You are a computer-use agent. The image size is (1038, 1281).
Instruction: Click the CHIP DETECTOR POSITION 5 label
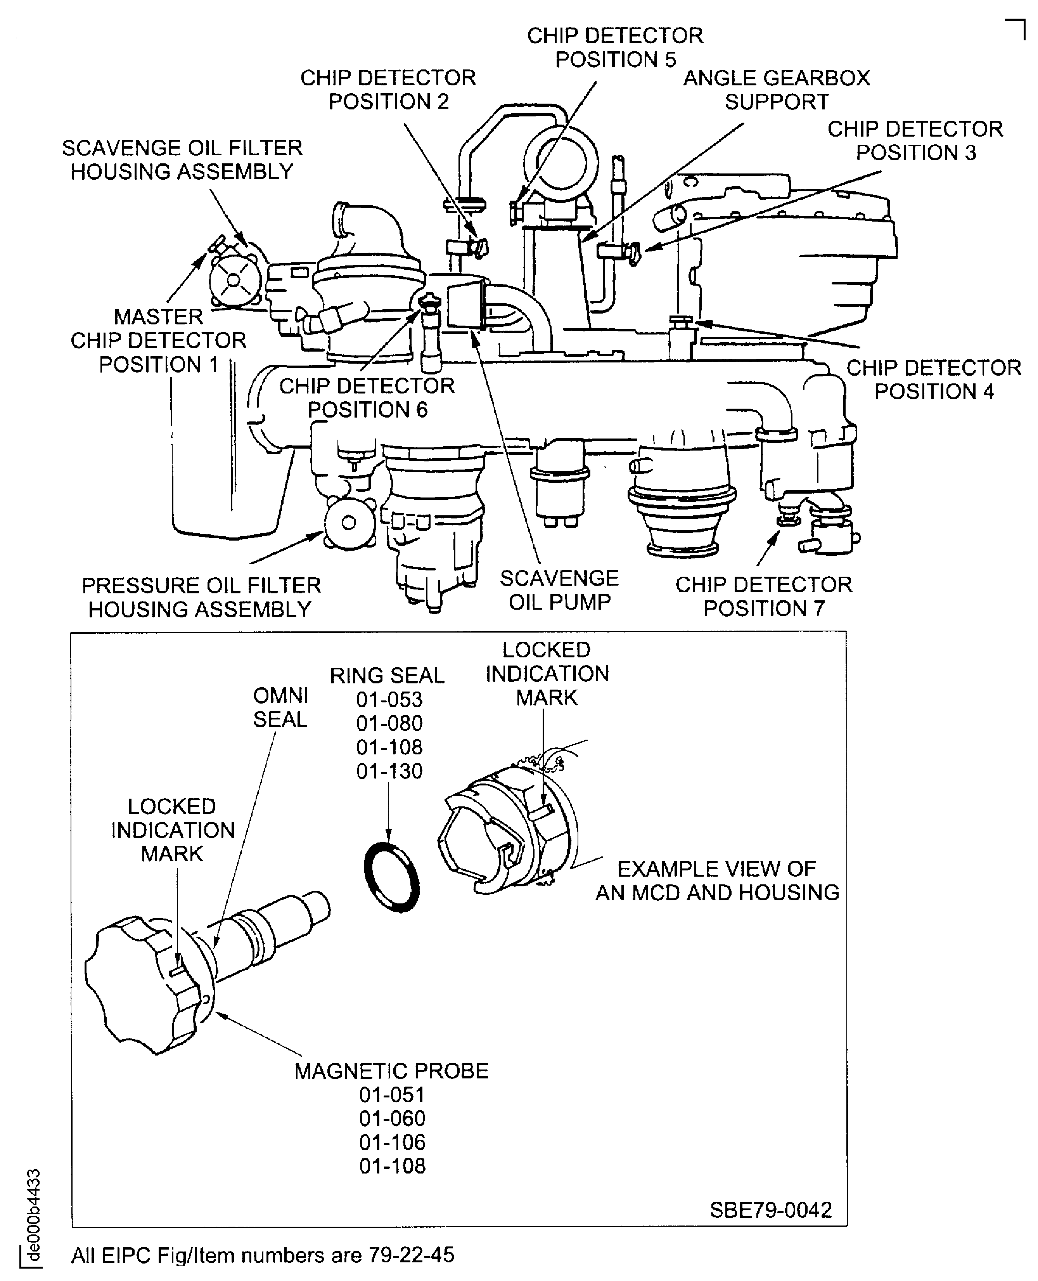615,48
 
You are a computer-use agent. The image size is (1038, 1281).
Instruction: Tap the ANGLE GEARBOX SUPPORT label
776,90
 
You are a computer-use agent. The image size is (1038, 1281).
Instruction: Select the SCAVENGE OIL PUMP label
559,590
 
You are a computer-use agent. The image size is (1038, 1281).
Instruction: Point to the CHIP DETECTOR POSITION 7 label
763,596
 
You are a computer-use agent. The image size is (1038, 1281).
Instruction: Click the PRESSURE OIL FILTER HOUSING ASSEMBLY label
201,597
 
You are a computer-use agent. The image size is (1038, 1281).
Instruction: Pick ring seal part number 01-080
389,723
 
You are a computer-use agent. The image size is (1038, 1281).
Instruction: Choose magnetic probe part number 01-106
392,1142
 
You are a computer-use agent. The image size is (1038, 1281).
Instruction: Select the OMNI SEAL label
280,707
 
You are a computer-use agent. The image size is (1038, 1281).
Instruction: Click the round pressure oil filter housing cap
349,523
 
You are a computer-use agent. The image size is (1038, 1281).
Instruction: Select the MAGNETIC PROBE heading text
392,1071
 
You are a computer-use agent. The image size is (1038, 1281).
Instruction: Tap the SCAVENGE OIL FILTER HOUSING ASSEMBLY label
182,159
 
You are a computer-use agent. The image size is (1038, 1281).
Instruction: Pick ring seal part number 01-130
389,771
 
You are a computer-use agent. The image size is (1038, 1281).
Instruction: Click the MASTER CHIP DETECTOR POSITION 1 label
158,340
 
